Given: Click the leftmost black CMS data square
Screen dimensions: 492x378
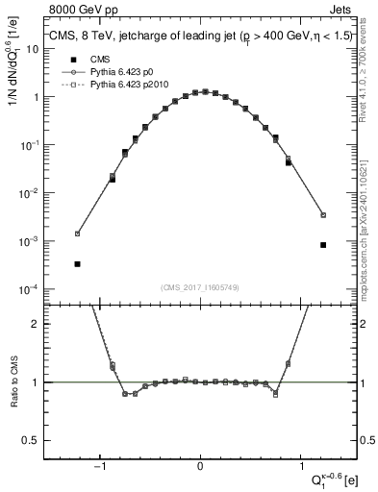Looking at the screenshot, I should [x=77, y=263].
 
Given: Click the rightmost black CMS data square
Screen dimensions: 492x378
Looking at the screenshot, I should [x=323, y=245].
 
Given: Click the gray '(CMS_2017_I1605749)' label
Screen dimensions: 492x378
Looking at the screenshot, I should [x=200, y=288].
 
